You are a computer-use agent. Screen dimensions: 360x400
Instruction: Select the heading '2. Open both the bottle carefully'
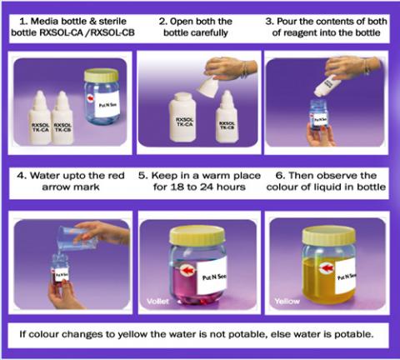click(x=198, y=25)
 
